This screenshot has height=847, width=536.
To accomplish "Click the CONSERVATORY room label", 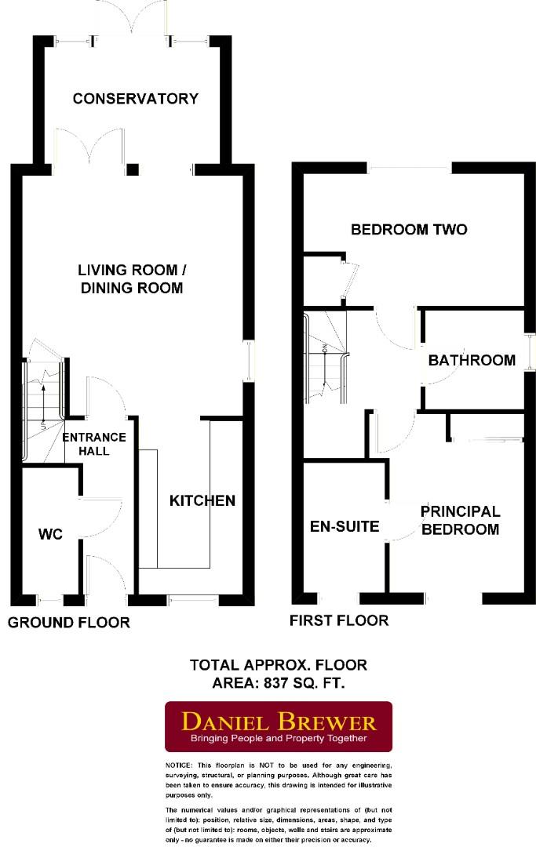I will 135,99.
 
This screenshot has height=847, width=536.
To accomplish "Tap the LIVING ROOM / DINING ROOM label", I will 132,278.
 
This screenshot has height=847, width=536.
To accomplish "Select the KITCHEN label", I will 202,500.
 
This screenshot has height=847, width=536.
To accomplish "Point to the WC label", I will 50,534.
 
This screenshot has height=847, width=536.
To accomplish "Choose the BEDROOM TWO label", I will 408,230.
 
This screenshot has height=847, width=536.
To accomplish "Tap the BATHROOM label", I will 472,360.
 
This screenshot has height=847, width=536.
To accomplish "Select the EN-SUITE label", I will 345,526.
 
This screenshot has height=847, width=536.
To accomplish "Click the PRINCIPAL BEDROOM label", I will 460,520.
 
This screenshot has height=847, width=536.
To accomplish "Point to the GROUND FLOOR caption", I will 68,623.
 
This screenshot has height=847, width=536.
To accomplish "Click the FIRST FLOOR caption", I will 338,620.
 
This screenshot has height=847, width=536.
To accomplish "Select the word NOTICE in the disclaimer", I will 178,765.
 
